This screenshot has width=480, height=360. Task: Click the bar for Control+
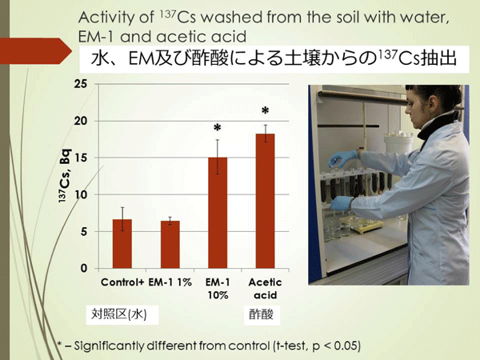pos(122,244)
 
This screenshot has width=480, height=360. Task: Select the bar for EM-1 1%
pos(170,245)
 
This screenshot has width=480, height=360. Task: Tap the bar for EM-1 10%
pos(218,213)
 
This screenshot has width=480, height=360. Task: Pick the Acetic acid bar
pos(265,201)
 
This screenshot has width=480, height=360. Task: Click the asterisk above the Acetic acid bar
pos(265,110)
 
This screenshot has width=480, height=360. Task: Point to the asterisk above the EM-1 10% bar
pos(218,128)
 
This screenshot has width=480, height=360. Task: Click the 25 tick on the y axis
pos(81,84)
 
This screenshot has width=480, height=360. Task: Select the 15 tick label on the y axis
pos(81,158)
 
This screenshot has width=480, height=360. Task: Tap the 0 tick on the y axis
pos(84,269)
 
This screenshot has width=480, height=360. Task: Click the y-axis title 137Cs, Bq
pos(65,175)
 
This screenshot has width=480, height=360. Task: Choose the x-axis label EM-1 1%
pos(170,282)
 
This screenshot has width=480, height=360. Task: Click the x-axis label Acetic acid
pos(265,289)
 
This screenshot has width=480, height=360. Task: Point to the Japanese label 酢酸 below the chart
pos(261,314)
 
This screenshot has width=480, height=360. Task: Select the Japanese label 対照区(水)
pos(118,314)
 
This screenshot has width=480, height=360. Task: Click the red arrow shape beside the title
pos(36,51)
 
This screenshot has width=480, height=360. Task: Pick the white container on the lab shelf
pos(398,142)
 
